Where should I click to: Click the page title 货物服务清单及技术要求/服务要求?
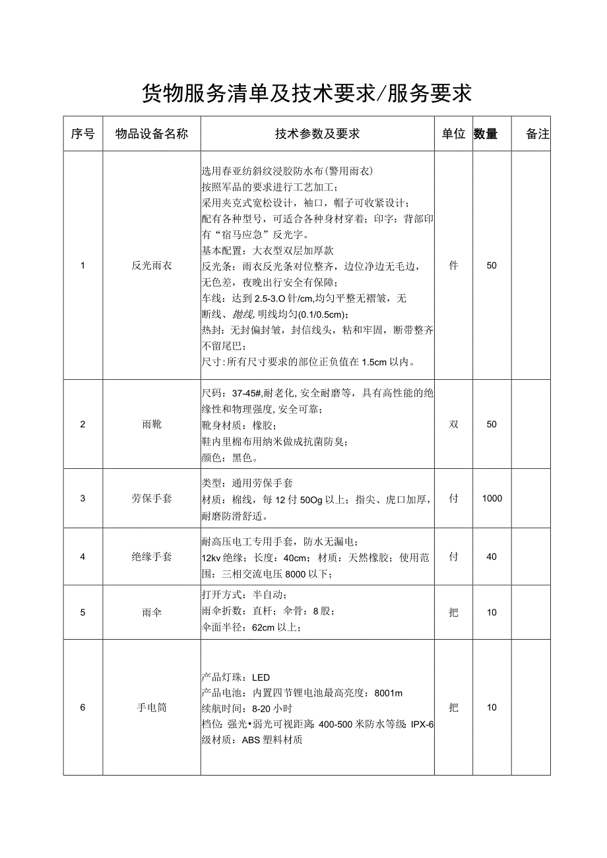[x=307, y=93]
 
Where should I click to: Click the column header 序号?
[x=82, y=134]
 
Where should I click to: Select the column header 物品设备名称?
[x=152, y=134]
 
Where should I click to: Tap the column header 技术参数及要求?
[x=317, y=134]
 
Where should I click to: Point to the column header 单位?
[x=453, y=134]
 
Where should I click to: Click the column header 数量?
[x=486, y=134]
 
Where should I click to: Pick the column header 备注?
[x=538, y=134]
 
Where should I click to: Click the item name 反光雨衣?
[x=152, y=266]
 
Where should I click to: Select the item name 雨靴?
[x=152, y=424]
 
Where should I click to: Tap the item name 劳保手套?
[x=152, y=499]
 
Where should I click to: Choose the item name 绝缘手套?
[x=152, y=557]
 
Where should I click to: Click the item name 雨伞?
[x=152, y=613]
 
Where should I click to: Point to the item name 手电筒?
[x=152, y=708]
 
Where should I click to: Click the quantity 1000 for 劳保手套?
[x=492, y=499]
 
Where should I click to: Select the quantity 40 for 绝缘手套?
[x=492, y=557]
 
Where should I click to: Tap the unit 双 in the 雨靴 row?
[x=453, y=424]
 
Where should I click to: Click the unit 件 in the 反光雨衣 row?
[x=453, y=266]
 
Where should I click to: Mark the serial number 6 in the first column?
[x=82, y=708]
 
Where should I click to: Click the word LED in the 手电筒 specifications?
[x=261, y=677]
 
